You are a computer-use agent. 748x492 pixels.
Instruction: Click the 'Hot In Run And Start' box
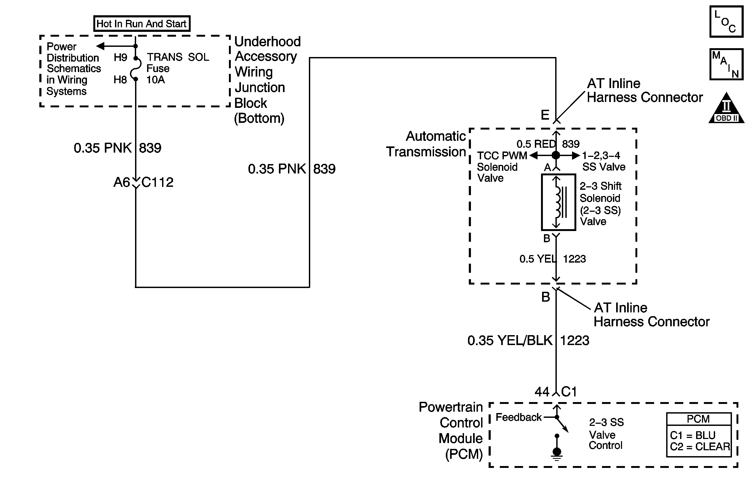(x=142, y=24)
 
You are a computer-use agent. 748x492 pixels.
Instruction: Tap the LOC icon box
(x=726, y=21)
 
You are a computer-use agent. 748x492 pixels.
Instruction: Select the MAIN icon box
(x=726, y=64)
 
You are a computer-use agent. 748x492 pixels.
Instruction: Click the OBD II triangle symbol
(x=726, y=108)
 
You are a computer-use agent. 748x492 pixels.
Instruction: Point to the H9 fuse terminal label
(x=120, y=57)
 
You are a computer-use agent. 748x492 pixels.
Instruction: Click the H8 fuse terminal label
(x=120, y=80)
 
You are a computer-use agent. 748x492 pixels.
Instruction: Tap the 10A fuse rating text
(x=156, y=80)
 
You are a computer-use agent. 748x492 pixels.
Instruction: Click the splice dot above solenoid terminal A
(x=556, y=155)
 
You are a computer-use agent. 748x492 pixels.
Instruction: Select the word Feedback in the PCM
(x=519, y=417)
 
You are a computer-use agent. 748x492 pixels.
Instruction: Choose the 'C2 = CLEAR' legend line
(x=700, y=447)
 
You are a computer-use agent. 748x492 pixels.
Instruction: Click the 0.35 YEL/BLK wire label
(x=510, y=340)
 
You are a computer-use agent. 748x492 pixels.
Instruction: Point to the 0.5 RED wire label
(x=536, y=144)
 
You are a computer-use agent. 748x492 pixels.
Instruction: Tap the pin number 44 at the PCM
(x=542, y=392)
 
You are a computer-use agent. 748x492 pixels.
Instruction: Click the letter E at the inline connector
(x=545, y=115)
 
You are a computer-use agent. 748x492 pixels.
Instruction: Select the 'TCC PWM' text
(x=502, y=156)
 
